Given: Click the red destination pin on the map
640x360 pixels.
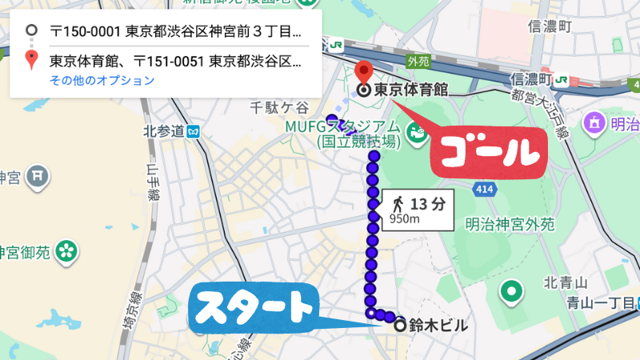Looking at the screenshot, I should (x=363, y=73).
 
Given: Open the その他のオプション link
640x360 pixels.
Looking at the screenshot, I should (x=102, y=80).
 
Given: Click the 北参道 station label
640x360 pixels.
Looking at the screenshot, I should (x=165, y=130).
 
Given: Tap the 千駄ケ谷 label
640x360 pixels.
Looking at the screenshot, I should (x=279, y=107).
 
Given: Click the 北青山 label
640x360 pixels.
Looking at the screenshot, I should (x=566, y=282).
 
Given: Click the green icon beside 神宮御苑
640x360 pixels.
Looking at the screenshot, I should (x=66, y=251).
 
